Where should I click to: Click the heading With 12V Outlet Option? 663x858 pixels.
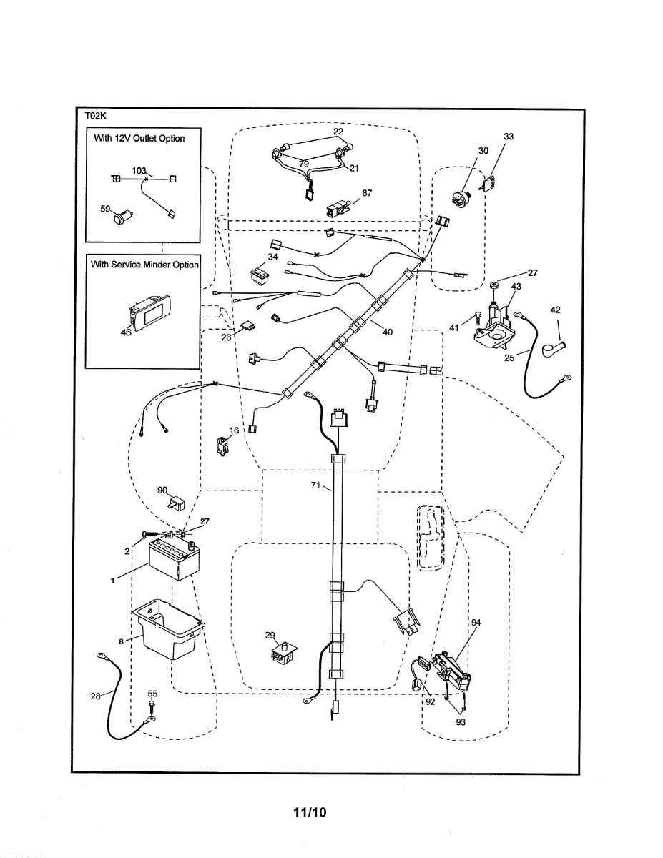139,138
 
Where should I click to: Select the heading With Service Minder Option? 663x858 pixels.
144,264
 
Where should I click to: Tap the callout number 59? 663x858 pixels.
106,209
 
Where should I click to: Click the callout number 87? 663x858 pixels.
367,193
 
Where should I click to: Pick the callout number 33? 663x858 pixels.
509,136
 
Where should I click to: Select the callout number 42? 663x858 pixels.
556,310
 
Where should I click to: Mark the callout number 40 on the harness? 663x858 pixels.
387,332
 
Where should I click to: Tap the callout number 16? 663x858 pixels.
234,430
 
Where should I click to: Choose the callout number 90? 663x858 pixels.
162,490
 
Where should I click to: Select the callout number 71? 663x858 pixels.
315,485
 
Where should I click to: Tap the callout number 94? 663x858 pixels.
476,623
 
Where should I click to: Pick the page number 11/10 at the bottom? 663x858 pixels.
309,812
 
